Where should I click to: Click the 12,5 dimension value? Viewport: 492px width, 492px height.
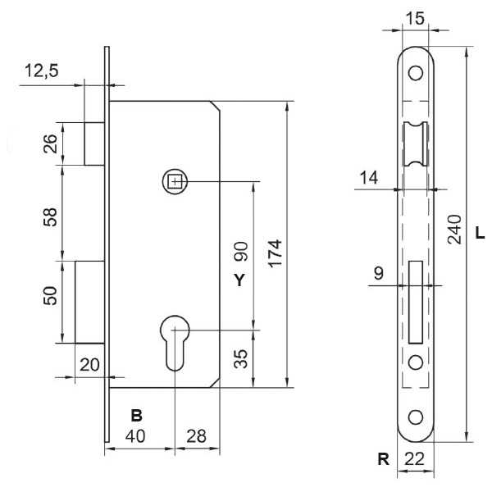click(x=42, y=71)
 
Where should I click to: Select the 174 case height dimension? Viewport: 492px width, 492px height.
click(x=276, y=253)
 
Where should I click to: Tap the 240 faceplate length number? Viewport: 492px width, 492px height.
click(x=454, y=229)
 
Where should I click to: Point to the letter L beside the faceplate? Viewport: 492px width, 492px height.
click(x=480, y=233)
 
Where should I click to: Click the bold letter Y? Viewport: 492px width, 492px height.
click(x=239, y=280)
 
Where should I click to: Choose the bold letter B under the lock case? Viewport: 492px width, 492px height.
click(x=136, y=416)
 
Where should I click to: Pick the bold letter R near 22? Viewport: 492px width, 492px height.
click(x=384, y=459)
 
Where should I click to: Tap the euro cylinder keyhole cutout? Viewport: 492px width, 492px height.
click(x=175, y=343)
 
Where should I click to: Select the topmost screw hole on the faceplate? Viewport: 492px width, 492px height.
click(x=416, y=73)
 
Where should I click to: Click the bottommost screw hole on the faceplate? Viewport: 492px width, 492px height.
click(x=416, y=417)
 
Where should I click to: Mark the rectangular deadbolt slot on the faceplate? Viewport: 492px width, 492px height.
click(x=416, y=302)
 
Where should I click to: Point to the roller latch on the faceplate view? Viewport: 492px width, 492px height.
click(x=416, y=143)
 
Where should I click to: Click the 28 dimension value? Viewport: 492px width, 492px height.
click(x=197, y=436)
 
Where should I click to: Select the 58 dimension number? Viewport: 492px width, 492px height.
click(x=50, y=216)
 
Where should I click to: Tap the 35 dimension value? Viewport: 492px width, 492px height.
click(x=240, y=358)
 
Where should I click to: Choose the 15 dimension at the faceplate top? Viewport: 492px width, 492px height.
click(x=415, y=19)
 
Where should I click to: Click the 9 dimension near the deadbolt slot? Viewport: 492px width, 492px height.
click(x=379, y=273)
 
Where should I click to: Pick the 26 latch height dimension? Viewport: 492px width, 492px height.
click(x=50, y=143)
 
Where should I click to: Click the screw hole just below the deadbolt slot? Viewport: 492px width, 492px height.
click(x=416, y=362)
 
